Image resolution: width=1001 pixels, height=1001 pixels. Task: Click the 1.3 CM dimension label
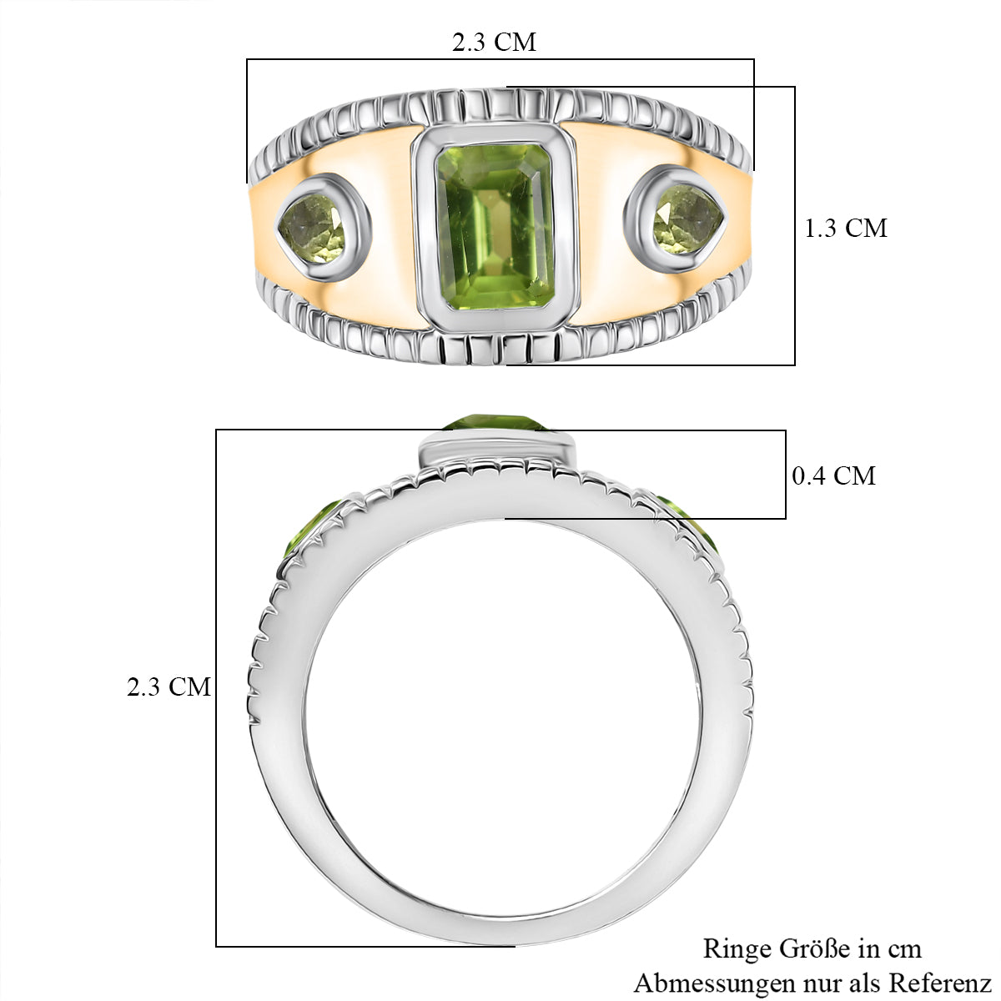(846, 228)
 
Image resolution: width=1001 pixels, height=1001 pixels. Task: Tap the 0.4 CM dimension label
(833, 475)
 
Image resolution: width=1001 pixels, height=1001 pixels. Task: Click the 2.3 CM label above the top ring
(494, 42)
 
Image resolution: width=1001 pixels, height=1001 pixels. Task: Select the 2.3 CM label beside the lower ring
(169, 687)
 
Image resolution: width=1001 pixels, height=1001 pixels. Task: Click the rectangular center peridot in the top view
(493, 227)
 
